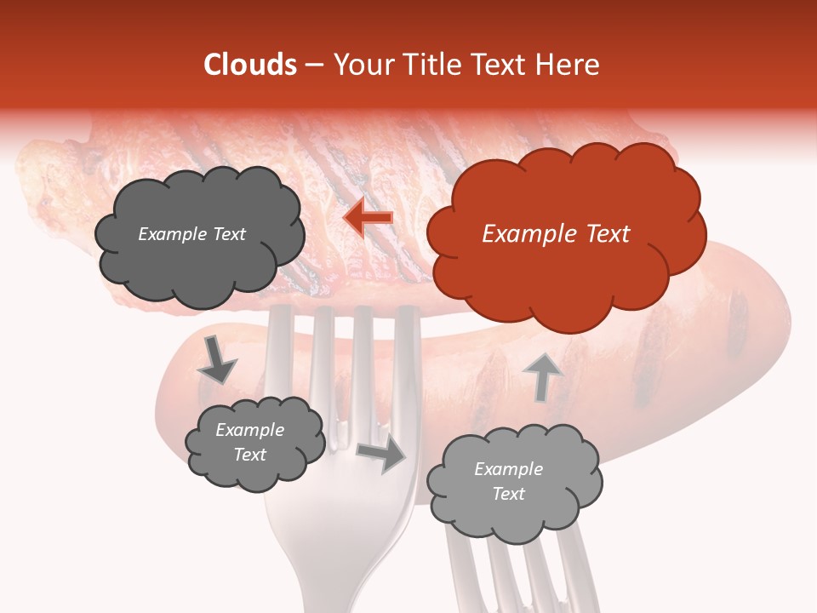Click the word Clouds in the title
250,65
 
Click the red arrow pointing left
368,219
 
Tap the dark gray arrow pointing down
216,360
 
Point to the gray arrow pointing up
542,376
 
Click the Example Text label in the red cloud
556,234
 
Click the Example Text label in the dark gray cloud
191,234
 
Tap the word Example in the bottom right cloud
508,469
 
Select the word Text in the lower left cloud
249,455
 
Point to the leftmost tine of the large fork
278,358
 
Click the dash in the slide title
314,66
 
